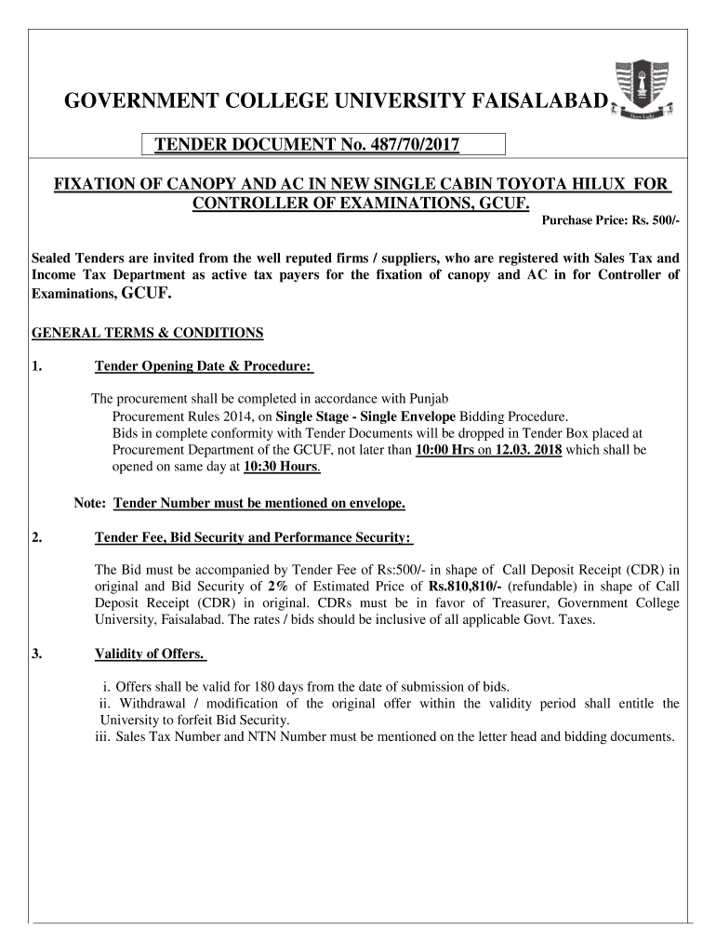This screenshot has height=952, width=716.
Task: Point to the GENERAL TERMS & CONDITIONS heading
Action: click(148, 333)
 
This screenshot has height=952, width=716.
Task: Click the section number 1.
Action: click(37, 366)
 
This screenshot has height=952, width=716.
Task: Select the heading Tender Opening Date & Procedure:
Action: click(204, 366)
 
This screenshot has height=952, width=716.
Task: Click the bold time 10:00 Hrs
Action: click(444, 450)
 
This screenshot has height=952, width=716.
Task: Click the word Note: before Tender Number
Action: click(89, 504)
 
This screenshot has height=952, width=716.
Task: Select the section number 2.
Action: click(37, 537)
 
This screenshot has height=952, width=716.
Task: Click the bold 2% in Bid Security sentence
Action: click(277, 587)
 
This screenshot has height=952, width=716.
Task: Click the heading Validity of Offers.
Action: click(151, 654)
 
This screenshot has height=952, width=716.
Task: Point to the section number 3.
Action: click(37, 654)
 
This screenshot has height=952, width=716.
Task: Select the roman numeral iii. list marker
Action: click(102, 737)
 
